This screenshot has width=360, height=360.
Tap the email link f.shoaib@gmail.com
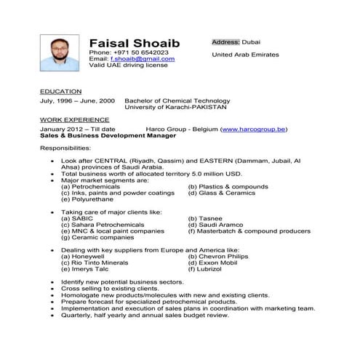pos(148,59)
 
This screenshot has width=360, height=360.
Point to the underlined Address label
pos(225,42)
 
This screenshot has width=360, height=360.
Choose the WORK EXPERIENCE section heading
pos(74,119)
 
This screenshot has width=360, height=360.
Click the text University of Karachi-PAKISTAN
pos(176,107)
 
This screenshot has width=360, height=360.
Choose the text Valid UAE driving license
pos(128,65)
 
